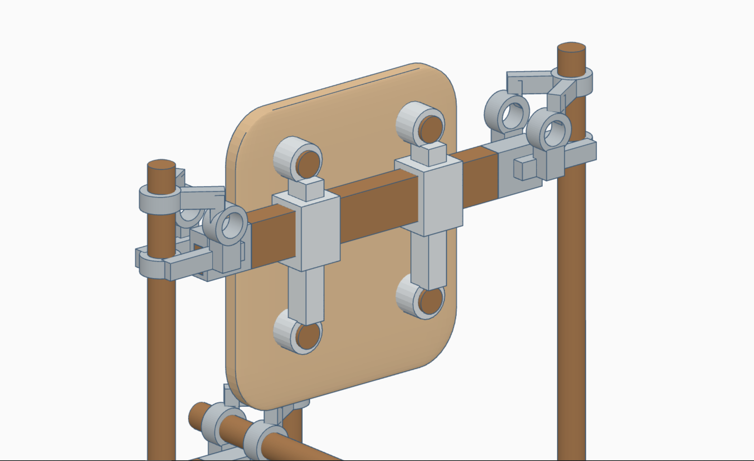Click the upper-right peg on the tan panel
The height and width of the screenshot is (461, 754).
(431, 128)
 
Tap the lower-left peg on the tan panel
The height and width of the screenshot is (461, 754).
(307, 336)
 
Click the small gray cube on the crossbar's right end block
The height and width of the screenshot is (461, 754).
(525, 168)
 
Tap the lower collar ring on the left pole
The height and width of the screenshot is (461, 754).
(154, 265)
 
